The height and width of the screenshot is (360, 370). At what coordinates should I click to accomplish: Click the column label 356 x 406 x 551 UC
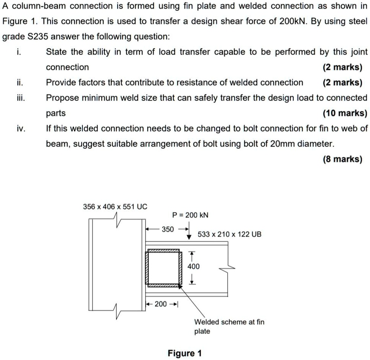[x=115, y=206]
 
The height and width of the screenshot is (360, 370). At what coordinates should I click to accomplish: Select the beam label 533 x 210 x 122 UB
[x=230, y=234]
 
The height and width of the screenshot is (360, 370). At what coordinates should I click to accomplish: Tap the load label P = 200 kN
[x=190, y=215]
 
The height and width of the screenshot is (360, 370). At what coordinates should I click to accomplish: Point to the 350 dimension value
[x=168, y=229]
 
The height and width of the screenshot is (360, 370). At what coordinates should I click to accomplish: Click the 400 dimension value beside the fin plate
[x=194, y=267]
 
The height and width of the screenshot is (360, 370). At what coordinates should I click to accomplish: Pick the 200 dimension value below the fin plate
[x=161, y=303]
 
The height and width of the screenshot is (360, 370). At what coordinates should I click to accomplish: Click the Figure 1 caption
[x=184, y=354]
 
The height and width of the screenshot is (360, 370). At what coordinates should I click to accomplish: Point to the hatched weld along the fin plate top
[x=164, y=251]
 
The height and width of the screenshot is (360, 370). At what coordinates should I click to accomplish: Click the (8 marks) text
[x=343, y=160]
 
